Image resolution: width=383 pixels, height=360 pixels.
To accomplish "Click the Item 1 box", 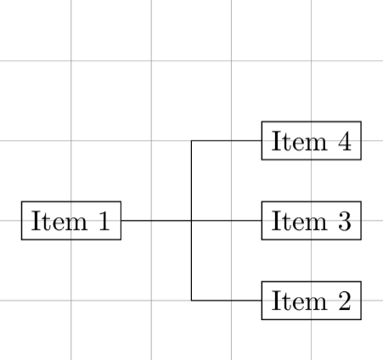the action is (71, 221).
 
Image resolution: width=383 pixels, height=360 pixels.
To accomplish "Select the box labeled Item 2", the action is (312, 301).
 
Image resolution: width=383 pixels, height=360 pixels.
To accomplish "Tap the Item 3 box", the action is (312, 221).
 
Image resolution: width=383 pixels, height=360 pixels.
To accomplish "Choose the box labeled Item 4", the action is (312, 141).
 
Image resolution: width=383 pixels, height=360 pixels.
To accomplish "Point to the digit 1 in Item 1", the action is (104, 221).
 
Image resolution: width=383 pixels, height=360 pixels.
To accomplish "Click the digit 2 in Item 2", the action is (345, 301).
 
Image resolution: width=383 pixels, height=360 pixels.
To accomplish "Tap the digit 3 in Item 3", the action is (345, 221).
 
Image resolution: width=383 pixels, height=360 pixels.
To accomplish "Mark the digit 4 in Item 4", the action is (345, 140).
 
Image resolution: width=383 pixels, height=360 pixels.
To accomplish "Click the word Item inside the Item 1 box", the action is (59, 221).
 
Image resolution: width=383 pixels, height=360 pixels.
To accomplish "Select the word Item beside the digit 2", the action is (299, 301).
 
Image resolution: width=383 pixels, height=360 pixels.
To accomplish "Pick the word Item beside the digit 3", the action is (299, 221).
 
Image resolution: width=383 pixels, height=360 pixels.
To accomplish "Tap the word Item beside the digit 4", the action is (299, 141).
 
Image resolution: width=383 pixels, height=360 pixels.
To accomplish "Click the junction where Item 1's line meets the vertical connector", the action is (191, 221).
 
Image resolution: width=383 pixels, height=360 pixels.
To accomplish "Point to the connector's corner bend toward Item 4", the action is (191, 141).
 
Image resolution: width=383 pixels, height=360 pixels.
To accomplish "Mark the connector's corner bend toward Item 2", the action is (191, 301).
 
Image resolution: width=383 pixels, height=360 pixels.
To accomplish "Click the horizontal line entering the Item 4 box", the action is (227, 141).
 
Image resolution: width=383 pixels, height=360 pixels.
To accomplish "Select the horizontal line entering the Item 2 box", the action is (227, 301).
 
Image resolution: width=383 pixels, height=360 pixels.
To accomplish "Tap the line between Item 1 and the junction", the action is (156, 221).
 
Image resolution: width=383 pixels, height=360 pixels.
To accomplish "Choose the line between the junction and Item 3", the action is (227, 221).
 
